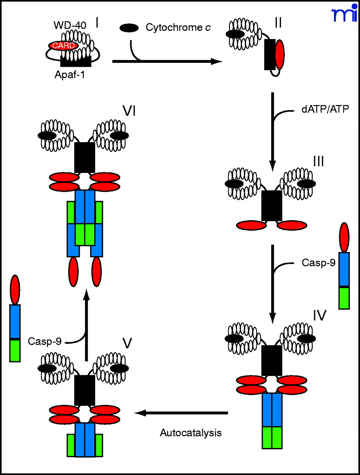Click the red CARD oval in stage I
point(63,46)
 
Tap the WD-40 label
point(70,26)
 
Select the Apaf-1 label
point(70,75)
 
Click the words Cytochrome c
point(178,27)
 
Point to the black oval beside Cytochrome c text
point(129,28)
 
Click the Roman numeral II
point(278,23)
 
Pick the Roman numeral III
point(318,162)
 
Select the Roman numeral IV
point(319,315)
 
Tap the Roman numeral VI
point(128,111)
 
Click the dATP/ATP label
point(325,109)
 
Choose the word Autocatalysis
point(191,433)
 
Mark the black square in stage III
point(272,206)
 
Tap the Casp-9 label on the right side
point(318,263)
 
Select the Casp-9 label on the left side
point(45,341)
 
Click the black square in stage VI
point(85,157)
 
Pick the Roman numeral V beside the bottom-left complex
point(127,344)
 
